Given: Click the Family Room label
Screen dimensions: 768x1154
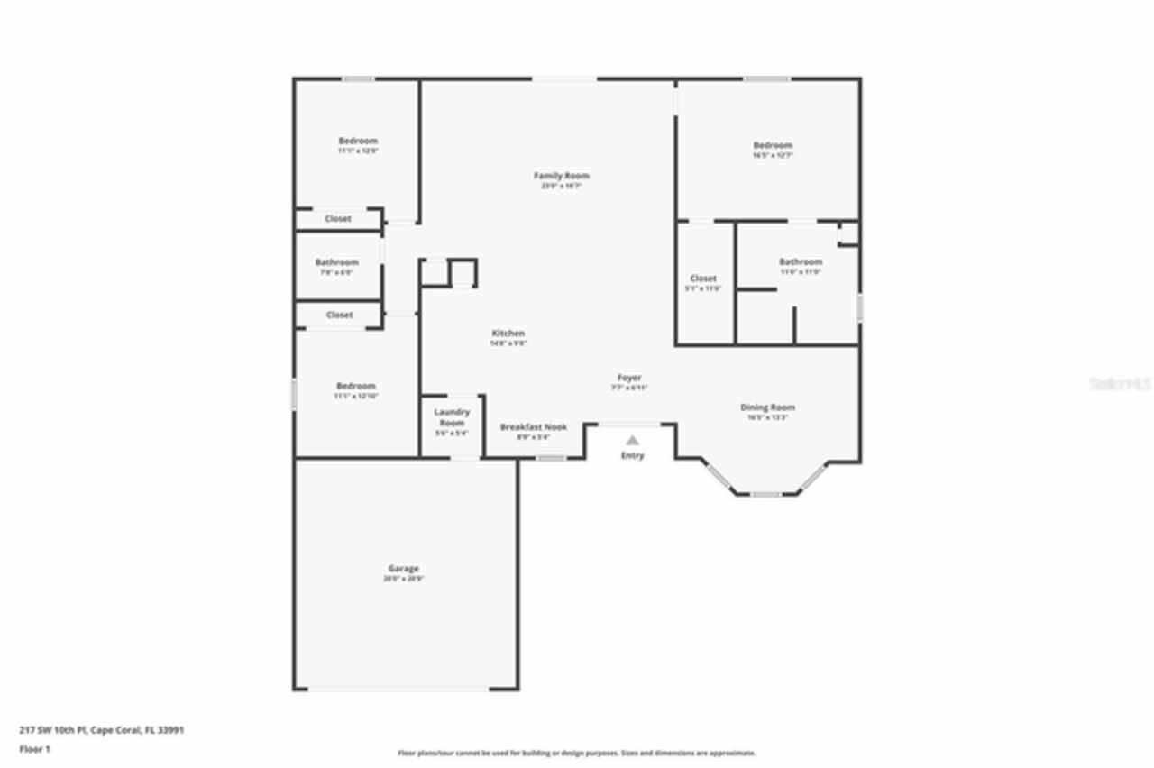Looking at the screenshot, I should click(x=562, y=176).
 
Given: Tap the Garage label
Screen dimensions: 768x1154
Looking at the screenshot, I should click(x=403, y=569).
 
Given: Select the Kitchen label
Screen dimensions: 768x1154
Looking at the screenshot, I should click(x=508, y=334).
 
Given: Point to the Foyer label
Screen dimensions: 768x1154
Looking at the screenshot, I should click(x=629, y=378).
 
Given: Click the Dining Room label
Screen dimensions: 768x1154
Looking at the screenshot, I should click(x=767, y=407).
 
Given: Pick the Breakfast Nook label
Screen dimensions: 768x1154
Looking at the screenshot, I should click(x=533, y=426).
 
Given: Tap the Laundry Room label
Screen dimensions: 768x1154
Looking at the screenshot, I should click(x=452, y=417).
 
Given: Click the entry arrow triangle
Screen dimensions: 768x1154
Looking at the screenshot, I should click(x=633, y=440).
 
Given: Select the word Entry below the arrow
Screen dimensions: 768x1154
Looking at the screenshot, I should click(x=633, y=456).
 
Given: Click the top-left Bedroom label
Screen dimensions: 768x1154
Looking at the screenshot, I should click(x=358, y=141).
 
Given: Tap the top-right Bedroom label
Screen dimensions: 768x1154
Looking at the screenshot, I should click(x=773, y=145).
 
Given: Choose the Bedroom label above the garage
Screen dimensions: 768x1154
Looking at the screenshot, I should click(x=356, y=386).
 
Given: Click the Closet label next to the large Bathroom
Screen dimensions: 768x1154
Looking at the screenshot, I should click(x=703, y=279).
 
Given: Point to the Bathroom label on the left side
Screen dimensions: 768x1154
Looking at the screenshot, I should click(x=336, y=262).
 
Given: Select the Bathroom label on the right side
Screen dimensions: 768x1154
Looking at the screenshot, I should click(x=801, y=261).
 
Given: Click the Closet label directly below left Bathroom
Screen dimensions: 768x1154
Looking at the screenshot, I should click(x=339, y=315).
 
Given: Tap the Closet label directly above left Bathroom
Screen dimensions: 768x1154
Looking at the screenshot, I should click(x=338, y=218).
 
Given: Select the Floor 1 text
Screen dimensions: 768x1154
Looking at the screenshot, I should click(x=35, y=749).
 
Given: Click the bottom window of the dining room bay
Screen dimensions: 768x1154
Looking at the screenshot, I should click(x=766, y=494).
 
